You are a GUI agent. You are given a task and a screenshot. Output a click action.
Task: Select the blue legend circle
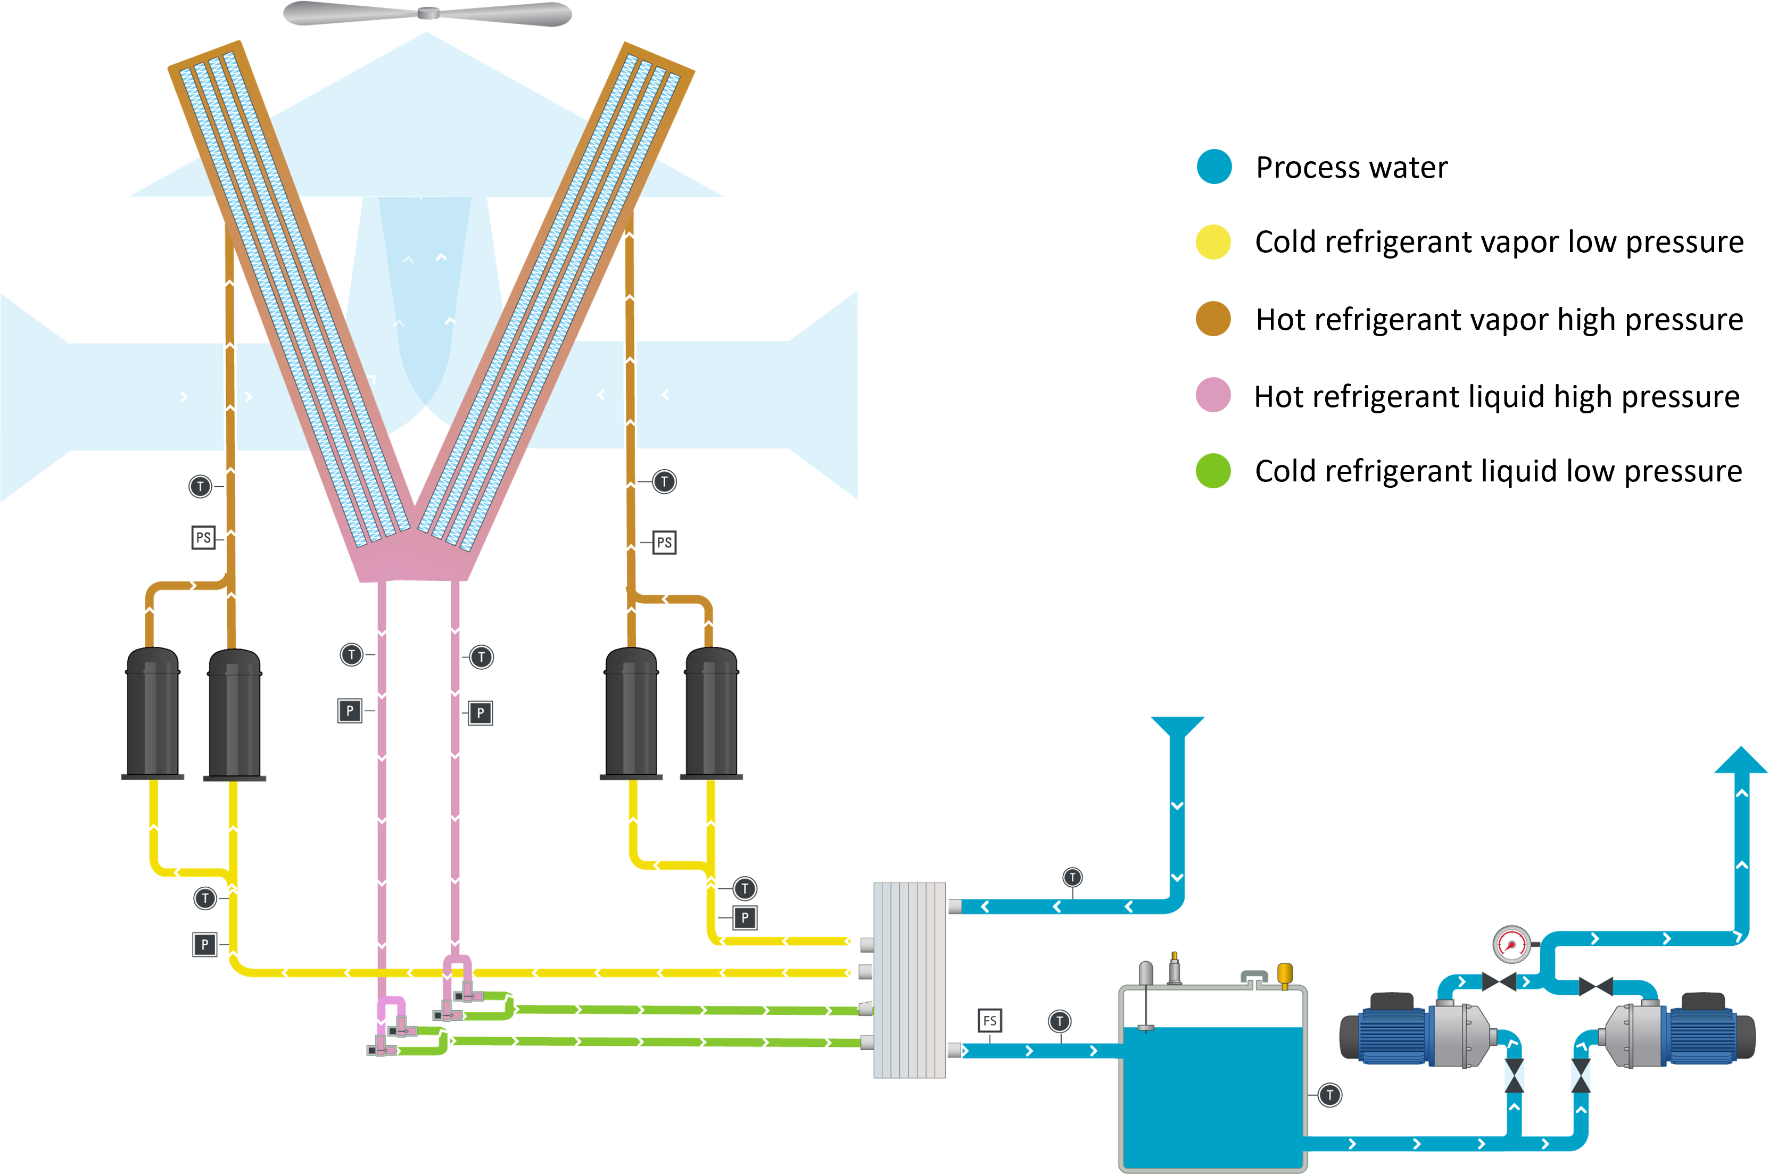(x=1214, y=166)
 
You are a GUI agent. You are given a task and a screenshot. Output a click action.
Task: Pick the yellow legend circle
(x=1213, y=242)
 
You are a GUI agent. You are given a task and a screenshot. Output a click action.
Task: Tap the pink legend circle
(x=1213, y=395)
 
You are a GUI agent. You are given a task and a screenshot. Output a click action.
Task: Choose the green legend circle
(x=1213, y=471)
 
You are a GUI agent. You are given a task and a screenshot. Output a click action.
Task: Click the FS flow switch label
(x=989, y=1020)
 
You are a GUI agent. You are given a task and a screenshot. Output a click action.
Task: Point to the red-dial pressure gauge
(x=1511, y=944)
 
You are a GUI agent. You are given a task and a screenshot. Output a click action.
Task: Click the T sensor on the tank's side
(x=1329, y=1095)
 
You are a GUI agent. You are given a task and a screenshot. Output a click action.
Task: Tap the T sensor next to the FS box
(x=1059, y=1021)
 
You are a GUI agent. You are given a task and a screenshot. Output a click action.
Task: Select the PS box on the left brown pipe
(x=203, y=538)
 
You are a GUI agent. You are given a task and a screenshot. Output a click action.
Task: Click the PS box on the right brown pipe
(x=664, y=543)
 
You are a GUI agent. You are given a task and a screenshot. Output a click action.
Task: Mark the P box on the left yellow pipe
(x=204, y=944)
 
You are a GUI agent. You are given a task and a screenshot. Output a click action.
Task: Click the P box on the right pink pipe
(x=480, y=713)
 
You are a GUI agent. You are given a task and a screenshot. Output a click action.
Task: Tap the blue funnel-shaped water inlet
(x=1177, y=727)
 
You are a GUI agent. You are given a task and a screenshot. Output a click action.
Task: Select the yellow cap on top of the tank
(x=1284, y=972)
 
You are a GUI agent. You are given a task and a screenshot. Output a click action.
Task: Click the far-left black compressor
(x=153, y=713)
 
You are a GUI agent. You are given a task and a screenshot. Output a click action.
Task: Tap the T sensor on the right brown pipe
(x=664, y=481)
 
